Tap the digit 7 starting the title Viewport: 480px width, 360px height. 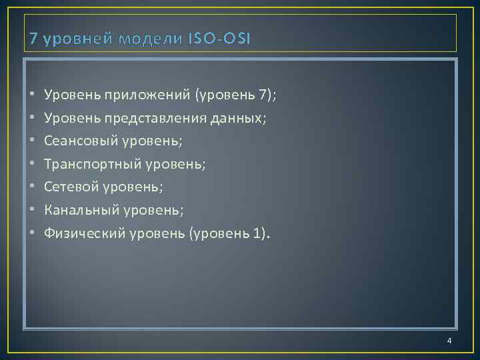(34, 39)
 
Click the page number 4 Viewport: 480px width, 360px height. (449, 341)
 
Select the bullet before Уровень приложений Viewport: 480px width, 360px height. (33, 95)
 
